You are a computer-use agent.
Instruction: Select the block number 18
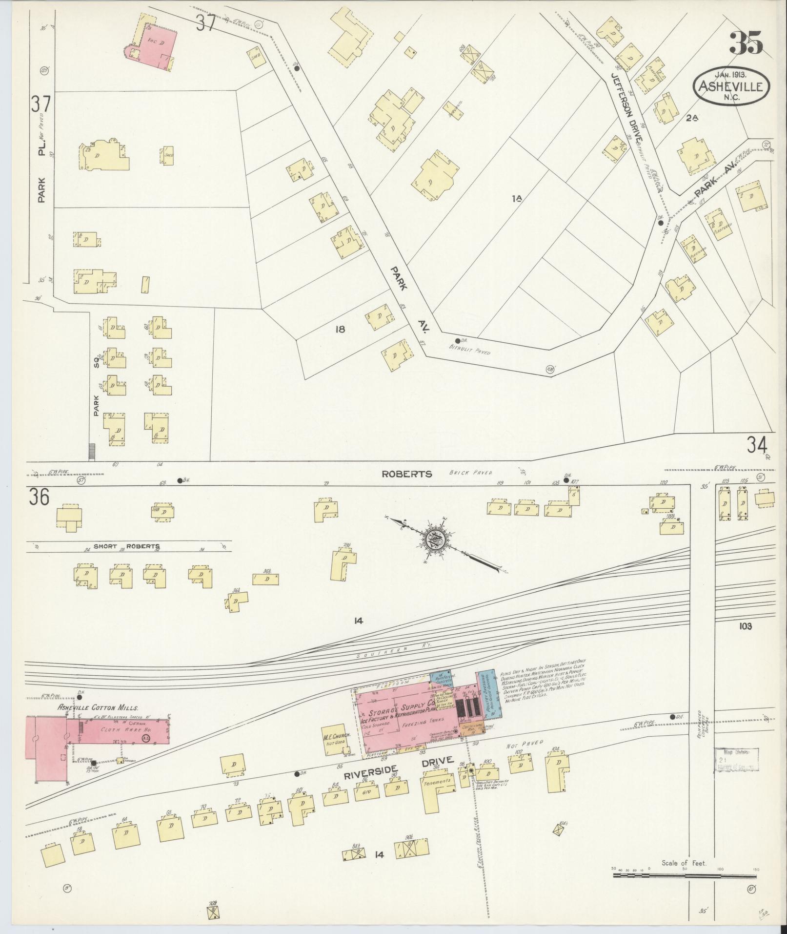(340, 329)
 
